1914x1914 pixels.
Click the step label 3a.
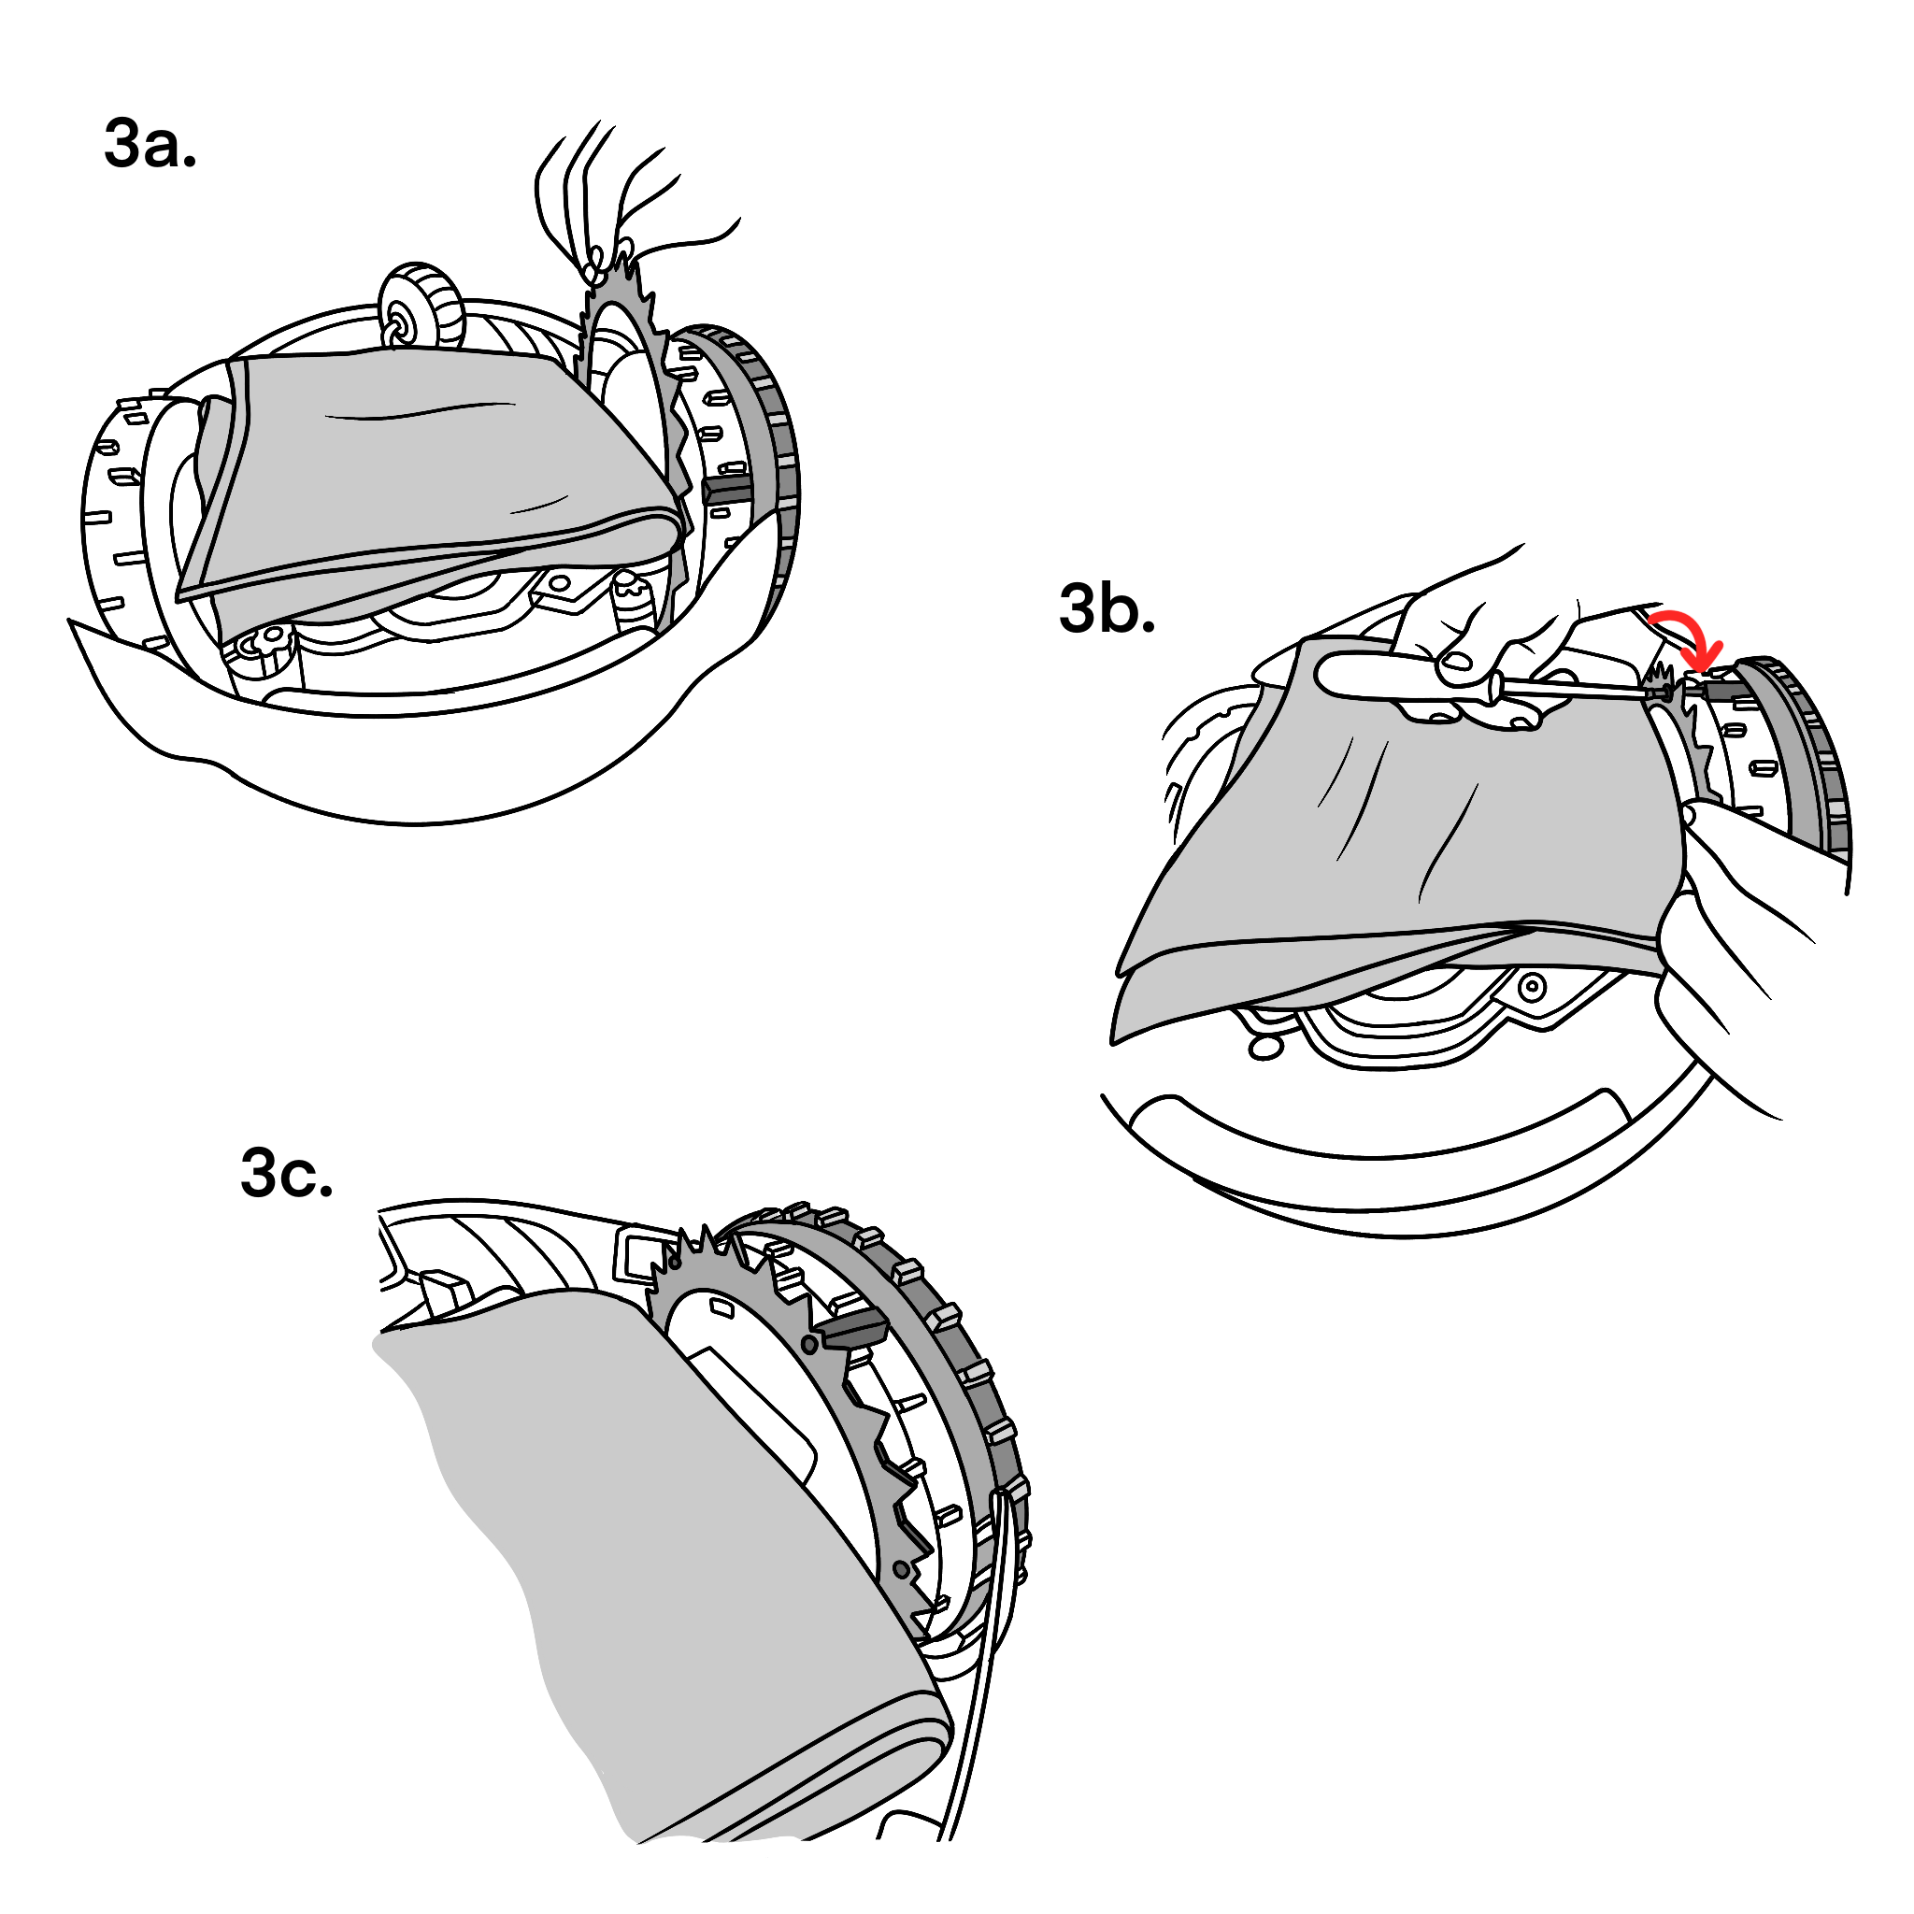click(150, 145)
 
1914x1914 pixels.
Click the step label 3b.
click(1107, 608)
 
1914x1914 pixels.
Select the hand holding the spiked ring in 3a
click(614, 198)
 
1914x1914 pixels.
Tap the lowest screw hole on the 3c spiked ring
click(901, 1570)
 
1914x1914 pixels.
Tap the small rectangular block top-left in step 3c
click(445, 1291)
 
